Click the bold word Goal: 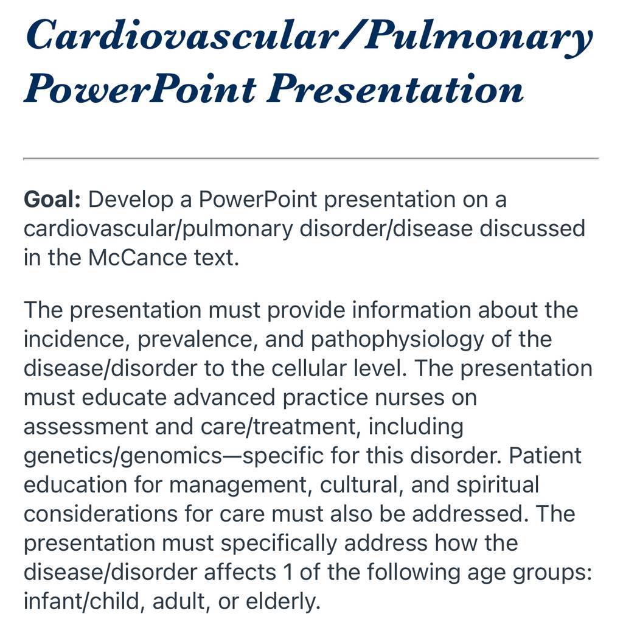[52, 200]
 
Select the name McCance [137, 257]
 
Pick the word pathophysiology [397, 340]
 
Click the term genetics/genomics [123, 456]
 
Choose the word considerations [100, 514]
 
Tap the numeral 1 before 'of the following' [288, 572]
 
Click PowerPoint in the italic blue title [141, 88]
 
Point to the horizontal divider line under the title [311, 158]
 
